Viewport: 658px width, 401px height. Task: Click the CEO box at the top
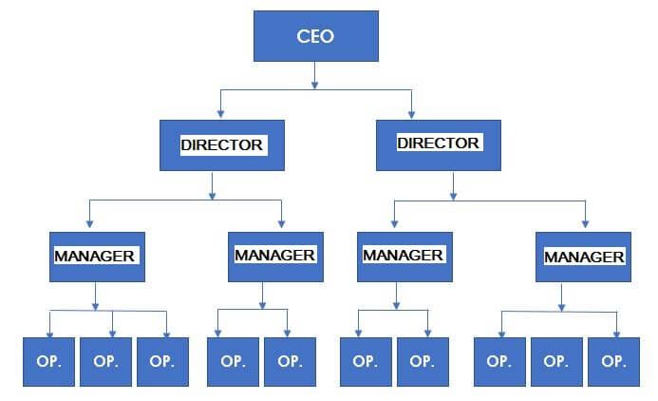316,36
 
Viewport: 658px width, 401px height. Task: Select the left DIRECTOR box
222,145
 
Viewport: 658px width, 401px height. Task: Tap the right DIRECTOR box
439,145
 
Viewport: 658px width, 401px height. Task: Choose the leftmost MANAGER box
98,257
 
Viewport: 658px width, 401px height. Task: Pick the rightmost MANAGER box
583,257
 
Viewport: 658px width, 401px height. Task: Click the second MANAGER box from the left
275,257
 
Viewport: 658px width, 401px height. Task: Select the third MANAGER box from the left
404,257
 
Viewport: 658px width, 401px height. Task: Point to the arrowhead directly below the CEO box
314,85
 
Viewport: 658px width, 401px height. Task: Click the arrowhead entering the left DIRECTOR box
220,113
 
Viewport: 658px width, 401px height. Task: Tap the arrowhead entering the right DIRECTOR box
412,114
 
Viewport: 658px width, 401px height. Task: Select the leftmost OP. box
48,361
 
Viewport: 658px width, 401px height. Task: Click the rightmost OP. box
614,361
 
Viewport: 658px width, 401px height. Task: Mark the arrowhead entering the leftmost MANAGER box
89,224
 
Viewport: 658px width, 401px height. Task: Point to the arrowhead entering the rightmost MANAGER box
586,224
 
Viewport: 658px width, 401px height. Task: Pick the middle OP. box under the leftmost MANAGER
105,361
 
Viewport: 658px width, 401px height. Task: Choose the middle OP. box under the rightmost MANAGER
556,361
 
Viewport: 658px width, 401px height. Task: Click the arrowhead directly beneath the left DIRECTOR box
213,195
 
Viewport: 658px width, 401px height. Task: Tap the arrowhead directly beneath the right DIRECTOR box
453,196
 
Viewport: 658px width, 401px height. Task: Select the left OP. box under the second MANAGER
233,361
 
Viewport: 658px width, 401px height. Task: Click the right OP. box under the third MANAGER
423,361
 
